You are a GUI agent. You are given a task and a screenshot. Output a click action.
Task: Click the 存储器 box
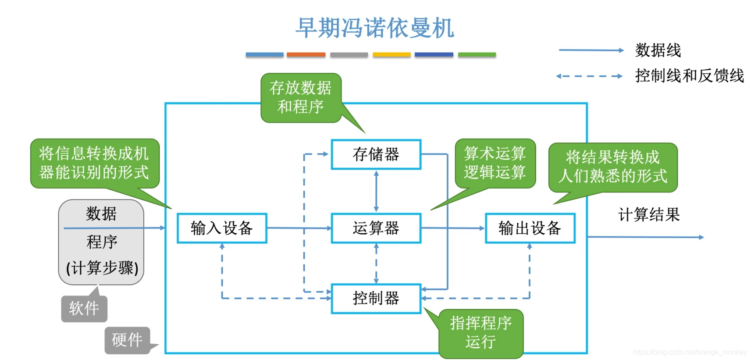[x=376, y=154]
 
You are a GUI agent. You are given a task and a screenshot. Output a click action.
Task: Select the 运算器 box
[x=376, y=228]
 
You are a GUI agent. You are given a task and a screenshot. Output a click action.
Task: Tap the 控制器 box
[x=376, y=299]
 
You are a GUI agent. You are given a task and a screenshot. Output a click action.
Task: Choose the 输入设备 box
[x=222, y=228]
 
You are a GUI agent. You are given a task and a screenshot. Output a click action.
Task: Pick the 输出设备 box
[x=530, y=228]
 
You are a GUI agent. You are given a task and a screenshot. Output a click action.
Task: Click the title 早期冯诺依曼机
[x=375, y=28]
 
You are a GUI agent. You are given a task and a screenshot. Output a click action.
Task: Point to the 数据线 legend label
[x=658, y=50]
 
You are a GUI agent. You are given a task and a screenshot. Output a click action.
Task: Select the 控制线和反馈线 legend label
[x=689, y=76]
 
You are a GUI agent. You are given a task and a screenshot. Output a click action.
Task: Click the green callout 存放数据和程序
[x=301, y=97]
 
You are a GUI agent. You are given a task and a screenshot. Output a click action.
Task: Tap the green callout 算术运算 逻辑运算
[x=495, y=163]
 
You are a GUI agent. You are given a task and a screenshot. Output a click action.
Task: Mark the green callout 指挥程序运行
[x=481, y=333]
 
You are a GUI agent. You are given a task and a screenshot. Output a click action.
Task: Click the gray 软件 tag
[x=84, y=308]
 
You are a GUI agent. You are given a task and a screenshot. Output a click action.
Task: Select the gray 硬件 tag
[x=127, y=340]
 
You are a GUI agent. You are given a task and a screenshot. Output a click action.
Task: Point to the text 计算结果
[x=649, y=214]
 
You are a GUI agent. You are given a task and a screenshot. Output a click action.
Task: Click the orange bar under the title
[x=306, y=55]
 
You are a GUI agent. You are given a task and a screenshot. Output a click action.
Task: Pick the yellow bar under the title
[x=392, y=55]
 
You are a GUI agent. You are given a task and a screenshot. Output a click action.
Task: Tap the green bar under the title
[x=477, y=55]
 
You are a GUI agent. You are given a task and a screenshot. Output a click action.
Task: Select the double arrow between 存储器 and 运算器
[x=376, y=191]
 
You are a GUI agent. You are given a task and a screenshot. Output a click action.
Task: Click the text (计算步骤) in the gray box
[x=102, y=267]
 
